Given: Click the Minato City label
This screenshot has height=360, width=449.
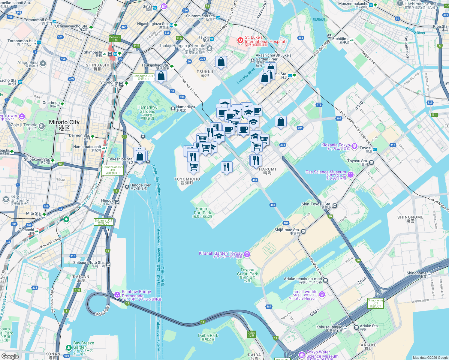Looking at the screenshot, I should coord(64,125).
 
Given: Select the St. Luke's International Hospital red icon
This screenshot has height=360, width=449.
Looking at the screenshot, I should coord(240,40).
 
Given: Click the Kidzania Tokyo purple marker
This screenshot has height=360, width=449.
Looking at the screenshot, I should coord(354,146).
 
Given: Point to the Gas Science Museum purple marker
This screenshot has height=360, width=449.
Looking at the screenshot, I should coord(351,175).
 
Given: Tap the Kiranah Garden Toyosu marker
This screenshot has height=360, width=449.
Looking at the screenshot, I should coord(247,254).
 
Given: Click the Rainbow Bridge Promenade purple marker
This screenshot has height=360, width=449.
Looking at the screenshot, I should coord(117,295).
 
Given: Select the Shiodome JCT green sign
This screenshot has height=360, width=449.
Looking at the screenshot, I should coord(143,77).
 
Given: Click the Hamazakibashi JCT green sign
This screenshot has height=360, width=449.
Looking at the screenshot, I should coord(113,170).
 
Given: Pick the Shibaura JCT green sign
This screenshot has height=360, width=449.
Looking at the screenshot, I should coord(103,222).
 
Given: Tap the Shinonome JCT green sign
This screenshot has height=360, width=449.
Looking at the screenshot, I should coord(375,303).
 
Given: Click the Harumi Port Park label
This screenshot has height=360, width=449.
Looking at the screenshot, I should coord(203,212).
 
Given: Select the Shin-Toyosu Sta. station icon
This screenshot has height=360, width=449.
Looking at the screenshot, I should coord(335,206).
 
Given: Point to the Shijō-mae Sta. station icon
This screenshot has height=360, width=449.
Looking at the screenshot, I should coord(303,231).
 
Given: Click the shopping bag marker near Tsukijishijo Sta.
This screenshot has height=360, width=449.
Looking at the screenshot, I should coord(161,76).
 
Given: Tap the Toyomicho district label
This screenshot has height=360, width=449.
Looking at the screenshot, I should coord(187,181).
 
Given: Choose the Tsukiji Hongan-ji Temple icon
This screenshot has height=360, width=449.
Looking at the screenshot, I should coord(210,48).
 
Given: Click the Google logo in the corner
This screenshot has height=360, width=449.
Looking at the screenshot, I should coord(10,356).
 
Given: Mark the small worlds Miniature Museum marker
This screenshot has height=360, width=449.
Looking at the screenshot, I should coord(322,294).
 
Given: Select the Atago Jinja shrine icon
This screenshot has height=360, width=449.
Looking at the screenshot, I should coord(43,63).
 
